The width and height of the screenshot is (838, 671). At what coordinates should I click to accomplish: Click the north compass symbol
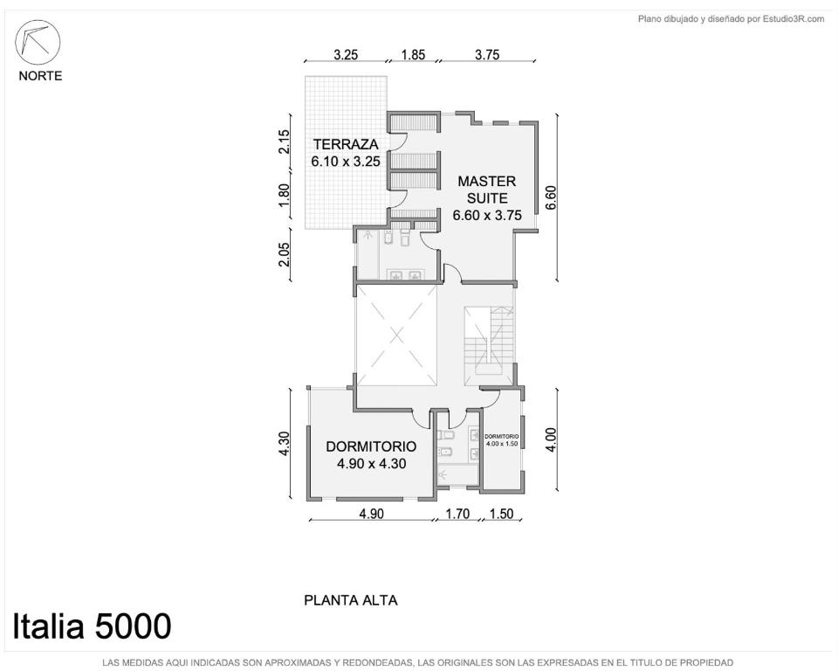point(38,43)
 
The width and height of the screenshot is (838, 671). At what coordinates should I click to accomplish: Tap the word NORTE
point(40,76)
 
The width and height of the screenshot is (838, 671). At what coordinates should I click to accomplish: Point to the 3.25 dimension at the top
point(346,54)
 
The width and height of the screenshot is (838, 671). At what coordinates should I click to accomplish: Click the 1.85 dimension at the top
point(413,54)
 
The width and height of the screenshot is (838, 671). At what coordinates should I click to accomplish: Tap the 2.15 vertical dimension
point(285,142)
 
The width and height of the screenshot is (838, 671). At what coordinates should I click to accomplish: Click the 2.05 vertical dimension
point(285,254)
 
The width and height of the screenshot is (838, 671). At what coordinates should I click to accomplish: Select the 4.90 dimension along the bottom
point(371,514)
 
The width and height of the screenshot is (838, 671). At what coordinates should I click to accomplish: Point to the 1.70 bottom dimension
point(457,514)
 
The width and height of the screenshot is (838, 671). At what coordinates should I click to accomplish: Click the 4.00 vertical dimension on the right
point(551,439)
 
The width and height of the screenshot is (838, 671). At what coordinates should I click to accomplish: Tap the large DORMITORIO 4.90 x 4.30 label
point(372,455)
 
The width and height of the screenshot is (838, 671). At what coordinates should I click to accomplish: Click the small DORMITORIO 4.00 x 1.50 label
point(501,439)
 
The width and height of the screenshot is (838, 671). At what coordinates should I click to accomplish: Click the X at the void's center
point(396,335)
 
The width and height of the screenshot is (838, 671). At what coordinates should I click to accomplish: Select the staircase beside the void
point(489,345)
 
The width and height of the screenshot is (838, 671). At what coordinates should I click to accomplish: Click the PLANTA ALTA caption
point(351,600)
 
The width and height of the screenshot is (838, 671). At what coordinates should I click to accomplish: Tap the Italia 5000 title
point(92,626)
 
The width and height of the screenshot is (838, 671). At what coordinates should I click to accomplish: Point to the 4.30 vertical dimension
point(285,444)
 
